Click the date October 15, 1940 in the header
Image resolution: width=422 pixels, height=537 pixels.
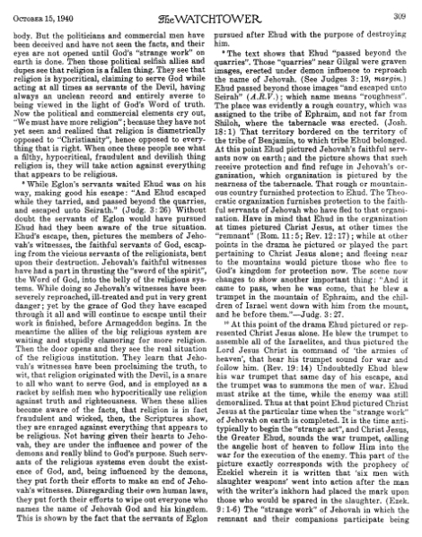point(39,12)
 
